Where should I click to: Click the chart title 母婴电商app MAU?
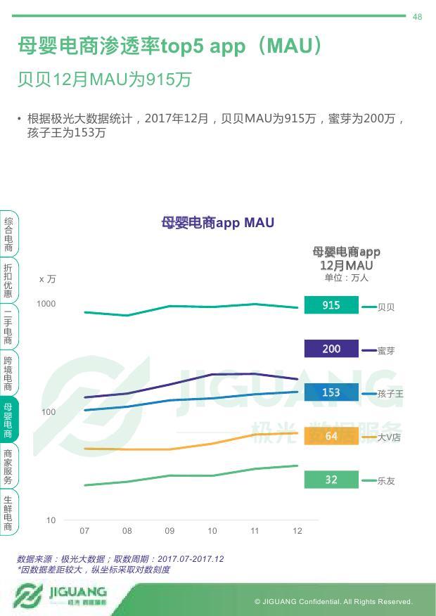pyautogui.click(x=217, y=223)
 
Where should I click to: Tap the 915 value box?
pyautogui.click(x=331, y=305)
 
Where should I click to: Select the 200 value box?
pyautogui.click(x=331, y=349)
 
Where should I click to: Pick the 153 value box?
pyautogui.click(x=331, y=392)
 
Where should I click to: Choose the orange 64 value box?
pyautogui.click(x=331, y=436)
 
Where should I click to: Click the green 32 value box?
pyautogui.click(x=331, y=480)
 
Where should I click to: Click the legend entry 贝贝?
pyautogui.click(x=386, y=307)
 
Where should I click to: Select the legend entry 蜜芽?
pyautogui.click(x=386, y=351)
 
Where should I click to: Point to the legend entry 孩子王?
pyautogui.click(x=390, y=394)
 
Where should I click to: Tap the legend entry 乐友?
pyautogui.click(x=386, y=481)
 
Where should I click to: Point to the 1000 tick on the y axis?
pyautogui.click(x=46, y=304)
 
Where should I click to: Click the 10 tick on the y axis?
pyautogui.click(x=51, y=520)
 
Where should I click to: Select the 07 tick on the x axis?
pyautogui.click(x=84, y=531)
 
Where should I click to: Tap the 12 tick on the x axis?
pyautogui.click(x=297, y=531)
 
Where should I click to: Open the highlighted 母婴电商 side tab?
pyautogui.click(x=8, y=420)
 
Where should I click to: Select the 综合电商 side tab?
pyautogui.click(x=8, y=234)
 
